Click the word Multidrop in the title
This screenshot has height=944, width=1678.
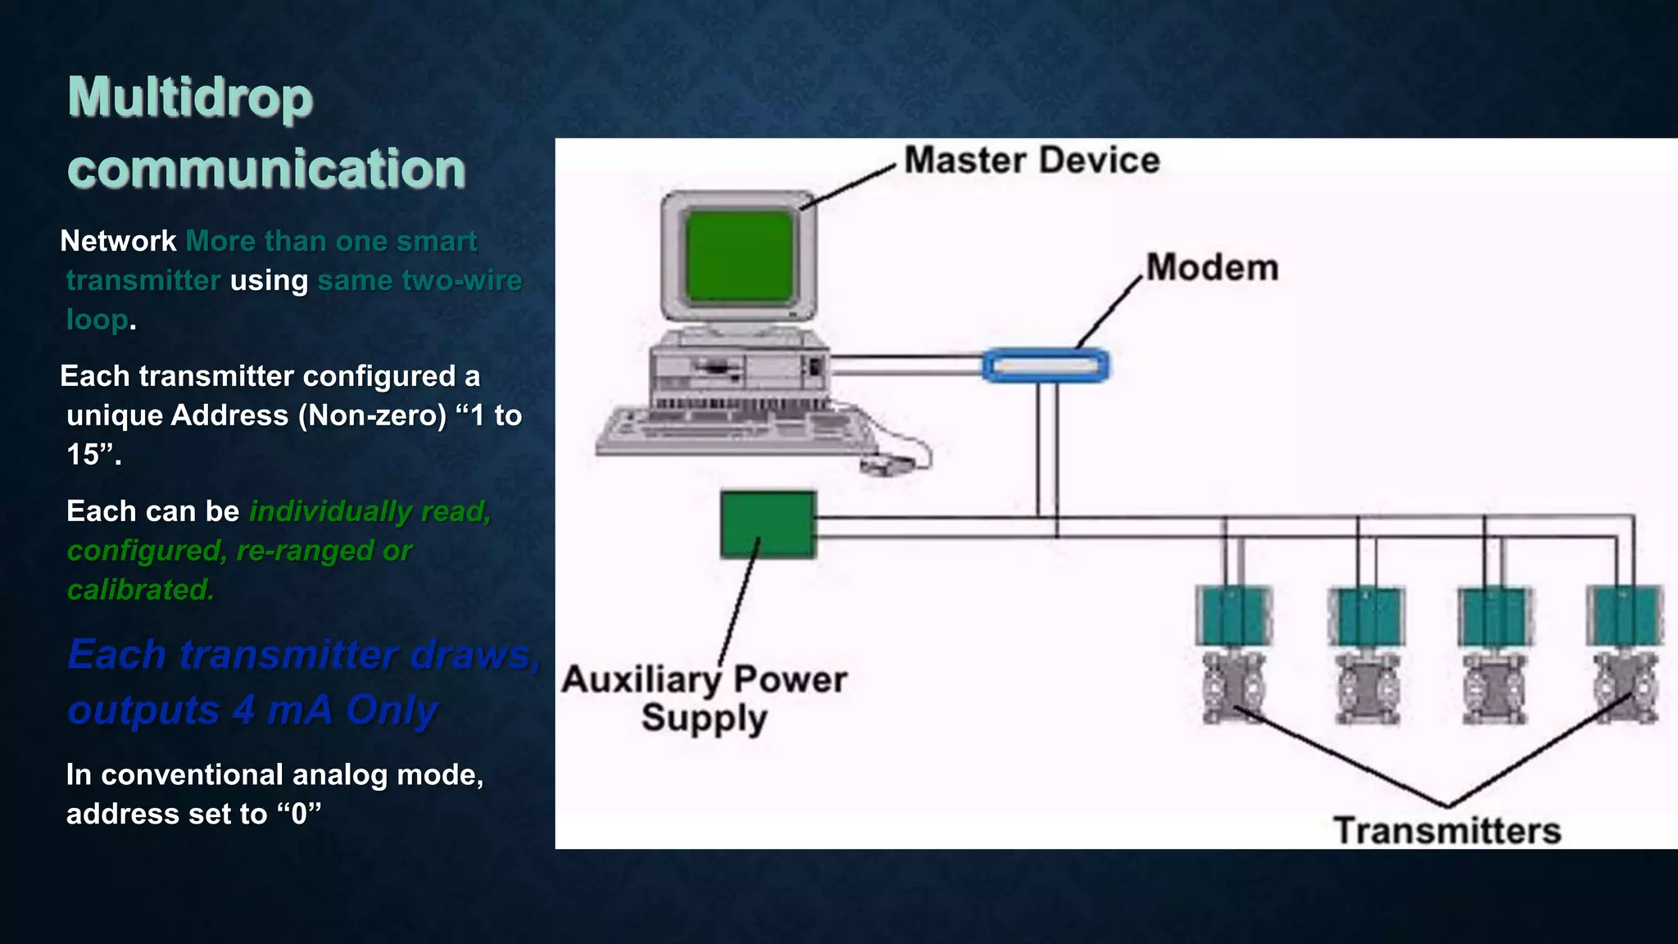coord(190,98)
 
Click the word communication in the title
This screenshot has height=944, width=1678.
coord(266,169)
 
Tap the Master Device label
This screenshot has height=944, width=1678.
coord(1031,160)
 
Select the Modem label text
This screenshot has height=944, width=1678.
coord(1211,268)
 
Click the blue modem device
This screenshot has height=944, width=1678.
coord(1045,365)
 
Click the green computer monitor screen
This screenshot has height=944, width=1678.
coord(739,255)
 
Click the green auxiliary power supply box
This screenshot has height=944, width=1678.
coord(768,524)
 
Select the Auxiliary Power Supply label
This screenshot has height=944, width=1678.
coord(705,698)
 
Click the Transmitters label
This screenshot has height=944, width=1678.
coord(1447,831)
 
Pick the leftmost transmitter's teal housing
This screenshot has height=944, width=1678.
coord(1233,615)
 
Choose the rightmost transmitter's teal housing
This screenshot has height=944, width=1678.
coord(1624,615)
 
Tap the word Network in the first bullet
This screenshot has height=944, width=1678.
coord(118,242)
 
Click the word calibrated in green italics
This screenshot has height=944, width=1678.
coord(140,589)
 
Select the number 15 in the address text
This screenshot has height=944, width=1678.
coord(83,455)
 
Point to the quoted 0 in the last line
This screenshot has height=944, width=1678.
coord(299,814)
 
